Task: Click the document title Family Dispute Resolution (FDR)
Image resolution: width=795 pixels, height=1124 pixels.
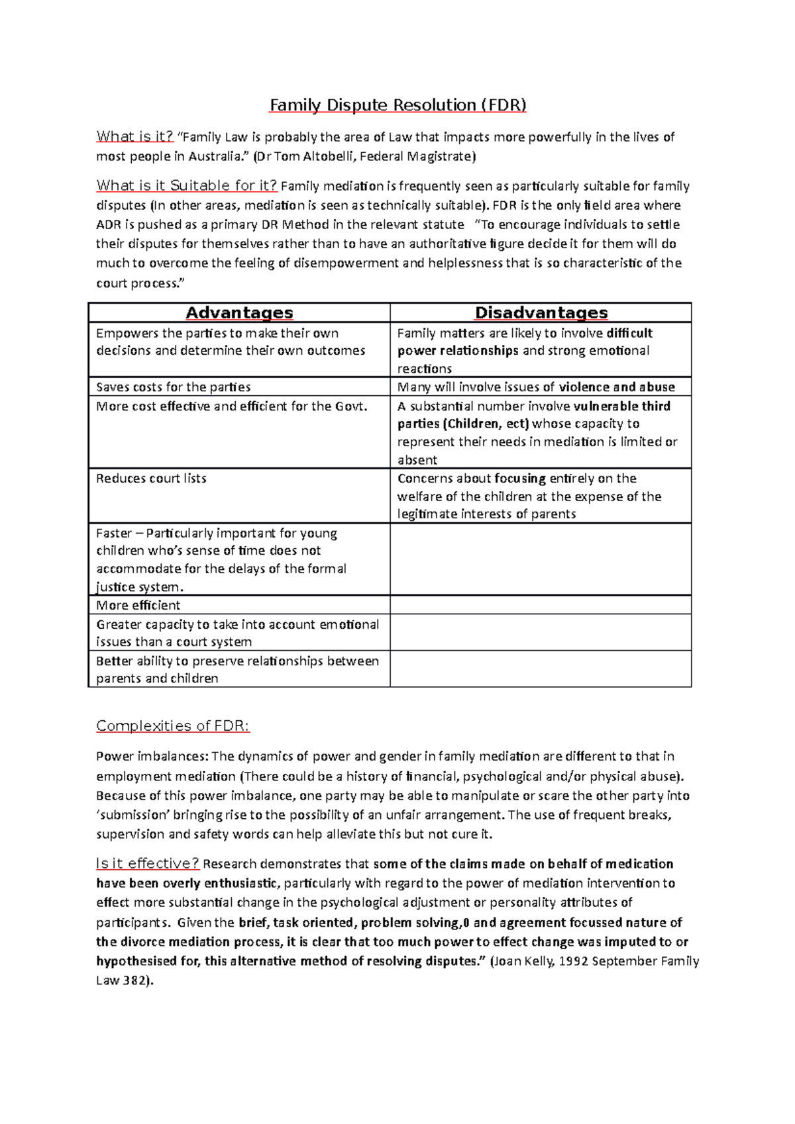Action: (397, 105)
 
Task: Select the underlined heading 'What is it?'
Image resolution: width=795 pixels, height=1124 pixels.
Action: (134, 136)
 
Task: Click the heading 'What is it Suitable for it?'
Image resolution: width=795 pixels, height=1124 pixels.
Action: (186, 185)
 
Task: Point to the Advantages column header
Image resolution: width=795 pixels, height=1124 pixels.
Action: (239, 312)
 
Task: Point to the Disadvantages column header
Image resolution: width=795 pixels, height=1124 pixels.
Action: (541, 312)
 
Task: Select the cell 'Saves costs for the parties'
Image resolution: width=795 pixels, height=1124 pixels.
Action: (173, 387)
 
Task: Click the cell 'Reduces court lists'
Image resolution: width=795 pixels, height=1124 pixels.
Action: (151, 478)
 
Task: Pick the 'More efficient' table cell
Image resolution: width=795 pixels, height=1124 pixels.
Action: (138, 605)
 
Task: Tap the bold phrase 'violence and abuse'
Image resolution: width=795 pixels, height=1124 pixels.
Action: (616, 387)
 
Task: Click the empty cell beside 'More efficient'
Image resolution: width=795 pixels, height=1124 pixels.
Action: (540, 605)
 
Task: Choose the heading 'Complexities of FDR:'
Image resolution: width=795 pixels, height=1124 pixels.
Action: (172, 726)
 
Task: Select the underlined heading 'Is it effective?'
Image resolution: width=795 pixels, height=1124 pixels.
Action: (147, 863)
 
